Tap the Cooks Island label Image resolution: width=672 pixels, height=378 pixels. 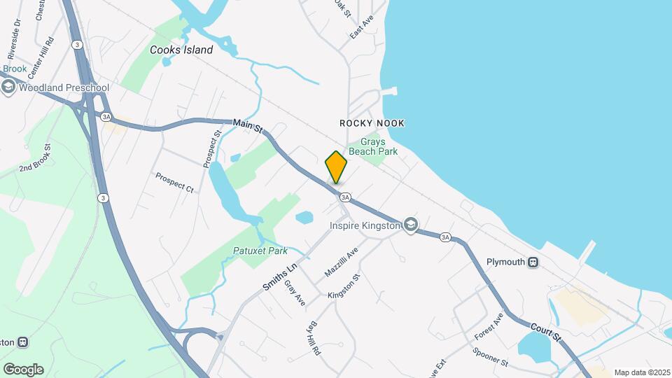181,50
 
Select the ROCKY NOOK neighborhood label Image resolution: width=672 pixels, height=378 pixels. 372,123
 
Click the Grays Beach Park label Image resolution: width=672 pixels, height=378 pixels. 379,146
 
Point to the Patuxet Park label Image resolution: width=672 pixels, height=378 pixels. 260,251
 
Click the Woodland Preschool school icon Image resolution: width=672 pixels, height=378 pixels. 8,87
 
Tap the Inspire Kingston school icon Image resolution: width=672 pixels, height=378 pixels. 411,225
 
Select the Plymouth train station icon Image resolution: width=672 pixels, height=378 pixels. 533,262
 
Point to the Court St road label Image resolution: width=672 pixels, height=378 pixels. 546,332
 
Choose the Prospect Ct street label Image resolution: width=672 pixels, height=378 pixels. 174,182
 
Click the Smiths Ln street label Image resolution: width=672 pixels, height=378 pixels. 280,276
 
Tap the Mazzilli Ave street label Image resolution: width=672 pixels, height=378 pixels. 341,261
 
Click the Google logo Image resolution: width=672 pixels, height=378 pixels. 23,369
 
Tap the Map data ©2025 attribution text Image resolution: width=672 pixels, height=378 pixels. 642,372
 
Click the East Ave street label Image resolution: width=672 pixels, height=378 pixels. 363,28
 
